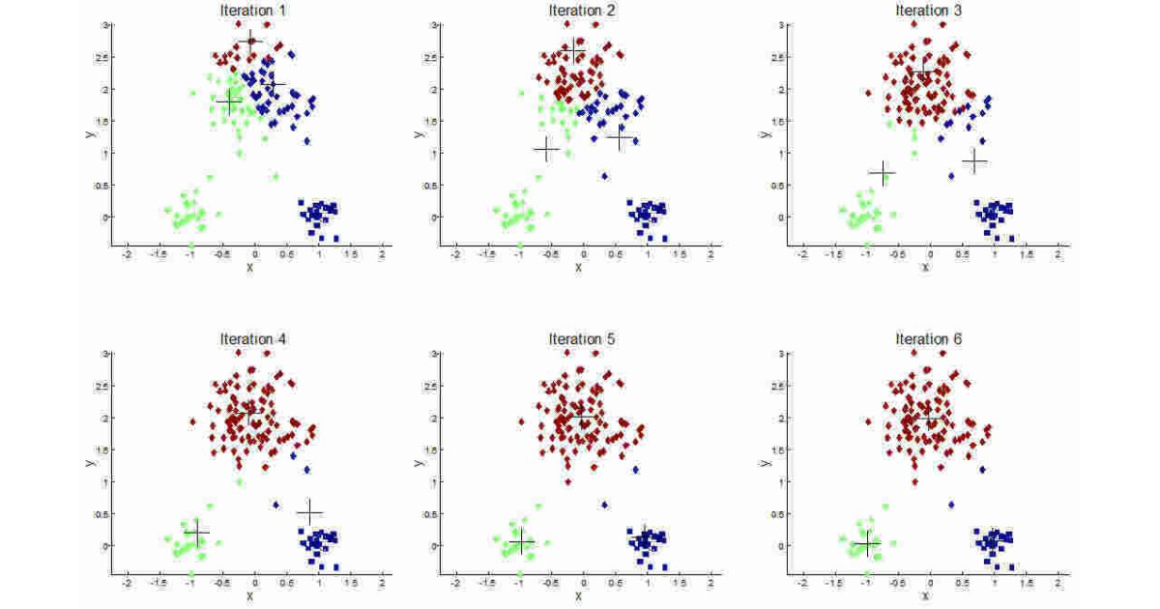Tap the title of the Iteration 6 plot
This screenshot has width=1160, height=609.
pos(929,339)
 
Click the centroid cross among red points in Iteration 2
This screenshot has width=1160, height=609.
pos(575,49)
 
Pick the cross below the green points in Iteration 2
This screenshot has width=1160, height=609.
pos(546,150)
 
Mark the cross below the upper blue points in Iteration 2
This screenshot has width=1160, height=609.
pos(620,138)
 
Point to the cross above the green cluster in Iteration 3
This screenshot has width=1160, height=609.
pos(882,172)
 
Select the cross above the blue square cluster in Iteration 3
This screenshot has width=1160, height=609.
pos(974,161)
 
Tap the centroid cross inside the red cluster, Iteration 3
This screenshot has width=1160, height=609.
pos(919,72)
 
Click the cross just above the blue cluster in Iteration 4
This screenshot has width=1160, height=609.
pos(309,511)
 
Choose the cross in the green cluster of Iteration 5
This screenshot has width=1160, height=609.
pos(521,541)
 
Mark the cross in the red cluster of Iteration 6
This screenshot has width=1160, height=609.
pos(929,417)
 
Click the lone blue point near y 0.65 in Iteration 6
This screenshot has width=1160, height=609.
pos(951,505)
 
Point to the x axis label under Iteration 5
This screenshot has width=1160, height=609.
pos(579,595)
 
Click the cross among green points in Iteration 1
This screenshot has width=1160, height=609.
pos(228,101)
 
